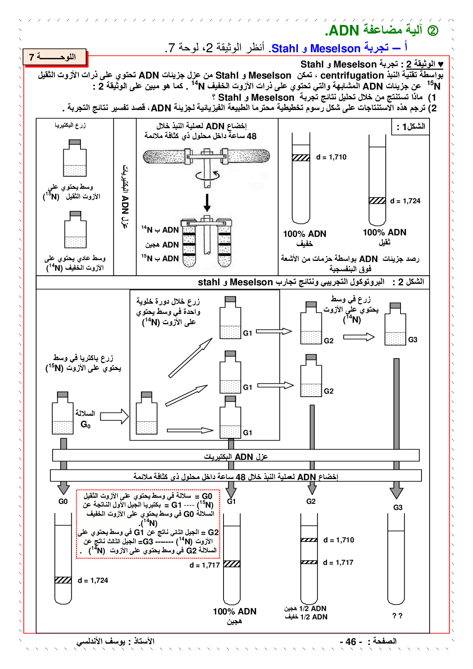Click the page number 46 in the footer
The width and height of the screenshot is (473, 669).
click(351, 642)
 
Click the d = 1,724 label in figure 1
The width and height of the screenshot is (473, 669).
click(405, 201)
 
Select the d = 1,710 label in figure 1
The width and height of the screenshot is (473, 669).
click(331, 157)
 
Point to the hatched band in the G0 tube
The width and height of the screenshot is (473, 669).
click(63, 580)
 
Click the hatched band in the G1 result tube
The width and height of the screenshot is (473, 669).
click(232, 564)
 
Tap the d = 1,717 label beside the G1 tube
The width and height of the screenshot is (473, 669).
click(204, 565)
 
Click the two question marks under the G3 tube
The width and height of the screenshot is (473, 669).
click(397, 616)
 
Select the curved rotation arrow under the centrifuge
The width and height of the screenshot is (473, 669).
click(207, 176)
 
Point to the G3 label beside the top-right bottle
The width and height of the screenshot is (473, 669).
click(413, 340)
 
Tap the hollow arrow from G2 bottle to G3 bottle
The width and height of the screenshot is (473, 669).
click(359, 337)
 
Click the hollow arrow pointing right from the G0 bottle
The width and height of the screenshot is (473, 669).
click(114, 417)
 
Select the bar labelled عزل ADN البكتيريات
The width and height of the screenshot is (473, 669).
click(236, 456)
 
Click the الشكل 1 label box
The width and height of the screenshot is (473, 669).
click(410, 127)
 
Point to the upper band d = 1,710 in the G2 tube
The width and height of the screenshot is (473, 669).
click(309, 540)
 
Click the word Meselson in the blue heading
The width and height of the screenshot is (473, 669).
click(335, 49)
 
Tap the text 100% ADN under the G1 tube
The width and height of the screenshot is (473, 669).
click(234, 611)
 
